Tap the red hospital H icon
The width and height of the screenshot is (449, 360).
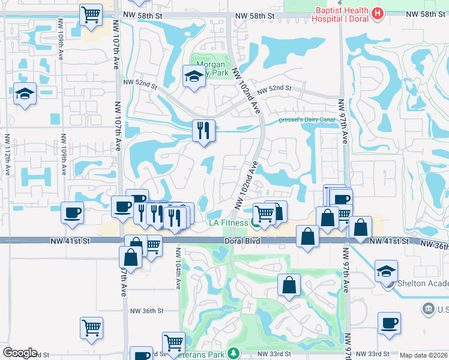(x=378, y=13)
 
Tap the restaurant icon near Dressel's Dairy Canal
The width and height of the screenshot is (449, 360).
(x=203, y=130)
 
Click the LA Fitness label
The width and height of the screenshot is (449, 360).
(x=228, y=223)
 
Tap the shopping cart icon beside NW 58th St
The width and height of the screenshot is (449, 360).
(x=91, y=14)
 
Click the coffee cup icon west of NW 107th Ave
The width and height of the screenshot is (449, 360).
(x=72, y=212)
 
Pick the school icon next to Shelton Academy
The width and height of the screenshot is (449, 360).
(x=386, y=271)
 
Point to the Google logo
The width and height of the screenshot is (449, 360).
(x=19, y=353)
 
